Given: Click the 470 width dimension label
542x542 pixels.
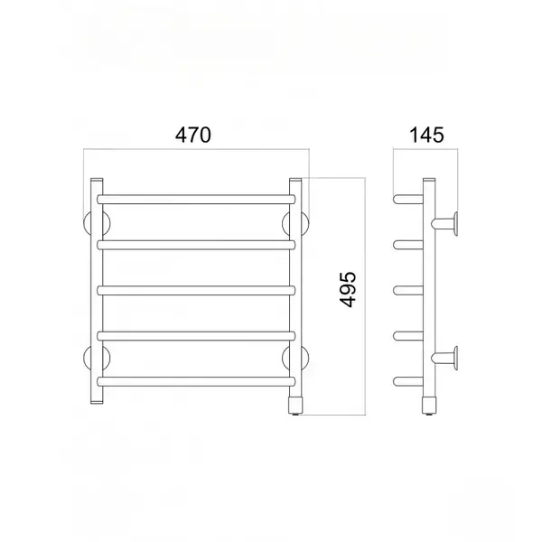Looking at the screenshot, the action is [x=193, y=135].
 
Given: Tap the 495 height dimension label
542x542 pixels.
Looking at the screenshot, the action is [x=348, y=290].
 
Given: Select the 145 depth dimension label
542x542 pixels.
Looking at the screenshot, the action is [x=426, y=135].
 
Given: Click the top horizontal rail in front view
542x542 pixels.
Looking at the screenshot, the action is [x=196, y=200].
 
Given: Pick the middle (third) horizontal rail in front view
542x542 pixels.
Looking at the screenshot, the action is [x=196, y=290].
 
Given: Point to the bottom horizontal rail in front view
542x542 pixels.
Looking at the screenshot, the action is [x=196, y=381].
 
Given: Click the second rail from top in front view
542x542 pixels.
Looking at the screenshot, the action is [x=196, y=245].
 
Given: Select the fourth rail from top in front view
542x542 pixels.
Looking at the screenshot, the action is [x=196, y=336].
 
